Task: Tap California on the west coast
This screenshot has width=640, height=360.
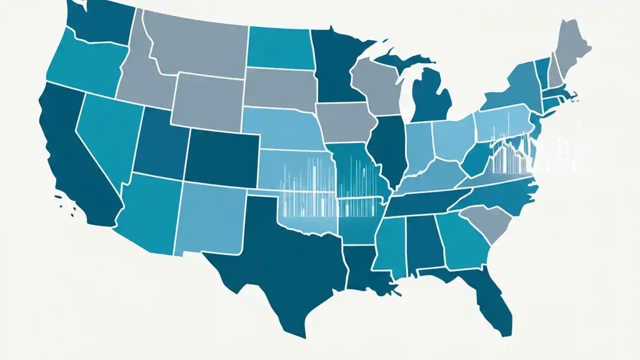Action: pyautogui.click(x=75, y=160)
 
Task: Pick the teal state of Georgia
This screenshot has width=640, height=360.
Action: pyautogui.click(x=462, y=240)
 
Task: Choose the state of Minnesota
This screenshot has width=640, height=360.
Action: pyautogui.click(x=335, y=65)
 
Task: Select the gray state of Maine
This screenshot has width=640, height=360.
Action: pyautogui.click(x=570, y=45)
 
